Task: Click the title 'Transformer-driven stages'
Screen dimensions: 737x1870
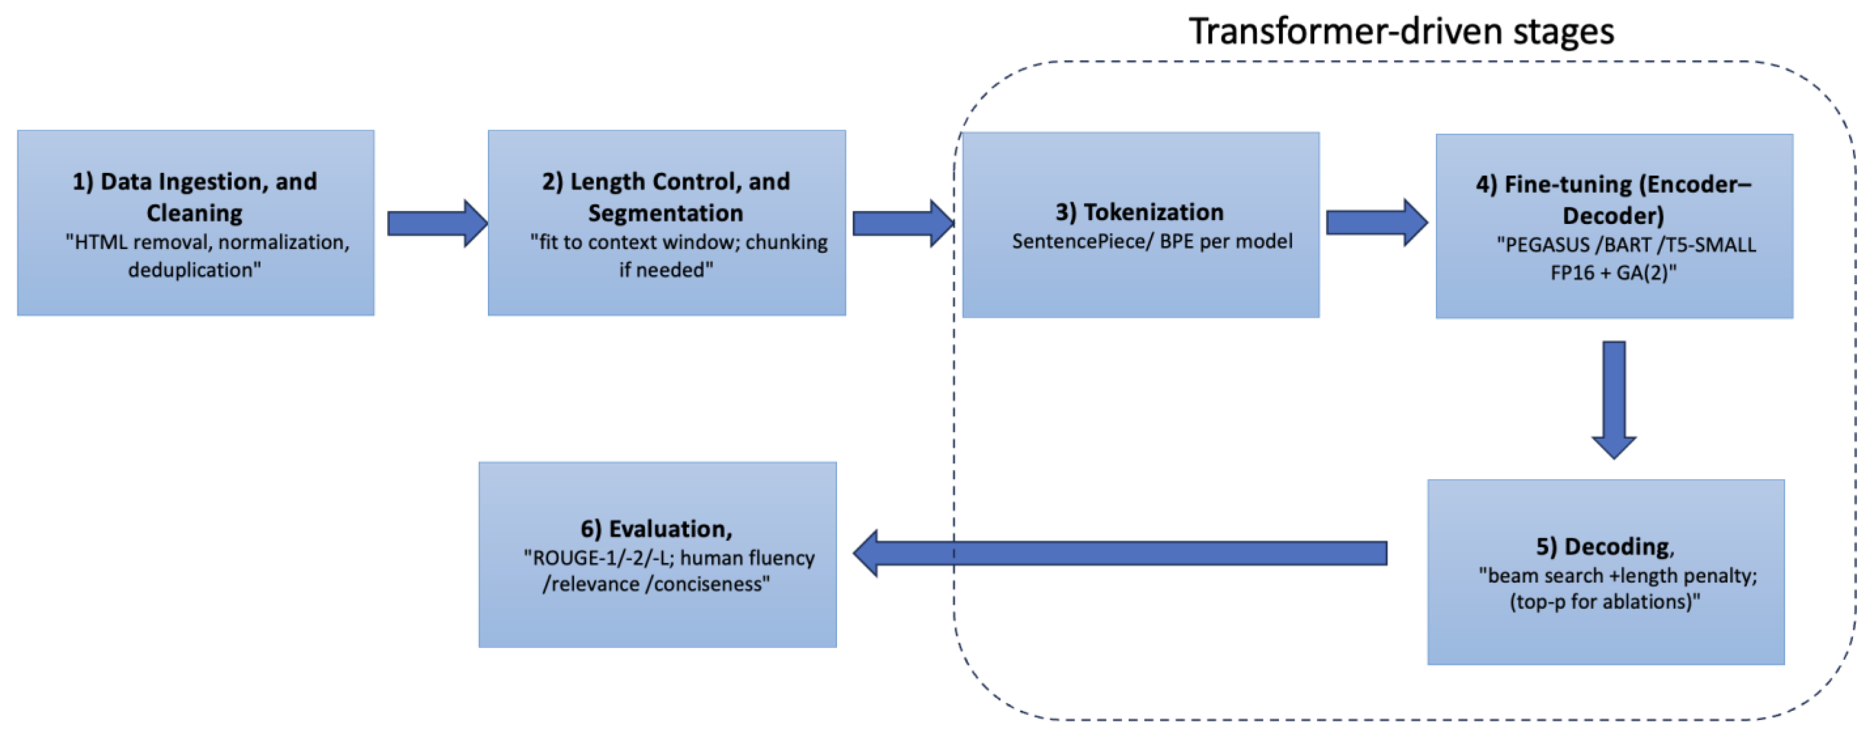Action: pyautogui.click(x=1400, y=32)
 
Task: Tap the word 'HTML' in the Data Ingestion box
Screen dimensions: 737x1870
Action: pyautogui.click(x=101, y=242)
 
